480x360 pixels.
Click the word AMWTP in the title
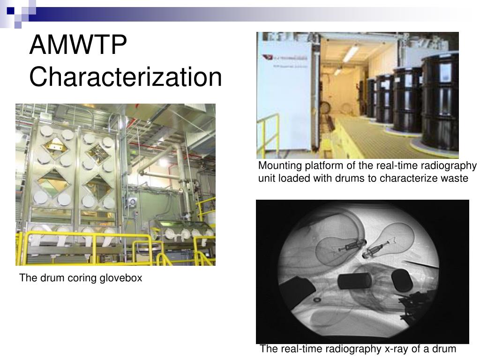coord(78,46)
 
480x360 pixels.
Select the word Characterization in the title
coord(125,77)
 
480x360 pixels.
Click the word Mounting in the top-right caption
coord(279,166)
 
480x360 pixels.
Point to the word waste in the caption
coord(455,178)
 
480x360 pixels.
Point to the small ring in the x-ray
coord(317,299)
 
